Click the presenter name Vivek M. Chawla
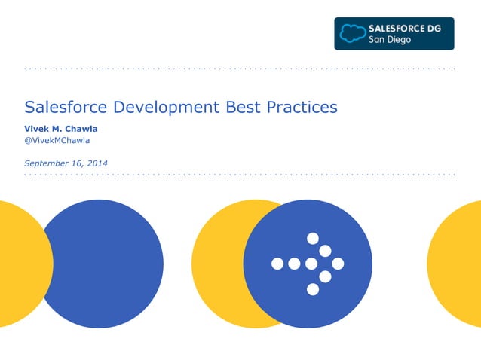click(61, 128)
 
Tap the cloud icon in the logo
click(351, 33)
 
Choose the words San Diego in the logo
click(389, 40)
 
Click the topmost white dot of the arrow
click(312, 239)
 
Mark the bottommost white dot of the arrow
click(312, 289)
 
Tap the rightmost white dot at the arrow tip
click(338, 264)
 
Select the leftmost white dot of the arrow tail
click(277, 264)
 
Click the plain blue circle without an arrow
click(102, 264)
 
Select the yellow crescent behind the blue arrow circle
click(215, 264)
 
